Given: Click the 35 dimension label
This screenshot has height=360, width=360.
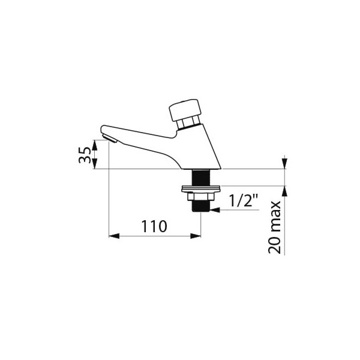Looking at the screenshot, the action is (x=85, y=155).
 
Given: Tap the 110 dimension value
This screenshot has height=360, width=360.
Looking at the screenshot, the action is (x=154, y=226).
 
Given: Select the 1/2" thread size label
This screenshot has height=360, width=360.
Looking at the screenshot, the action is (x=244, y=200).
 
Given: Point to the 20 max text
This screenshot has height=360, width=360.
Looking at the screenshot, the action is (x=275, y=227).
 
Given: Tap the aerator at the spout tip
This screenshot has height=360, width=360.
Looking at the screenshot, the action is (x=110, y=139).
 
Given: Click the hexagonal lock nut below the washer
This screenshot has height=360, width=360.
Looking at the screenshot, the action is (x=200, y=196).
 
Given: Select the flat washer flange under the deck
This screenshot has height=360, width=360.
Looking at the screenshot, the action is (x=201, y=189).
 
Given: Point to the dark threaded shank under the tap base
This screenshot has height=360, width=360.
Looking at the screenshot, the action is (x=201, y=178).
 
